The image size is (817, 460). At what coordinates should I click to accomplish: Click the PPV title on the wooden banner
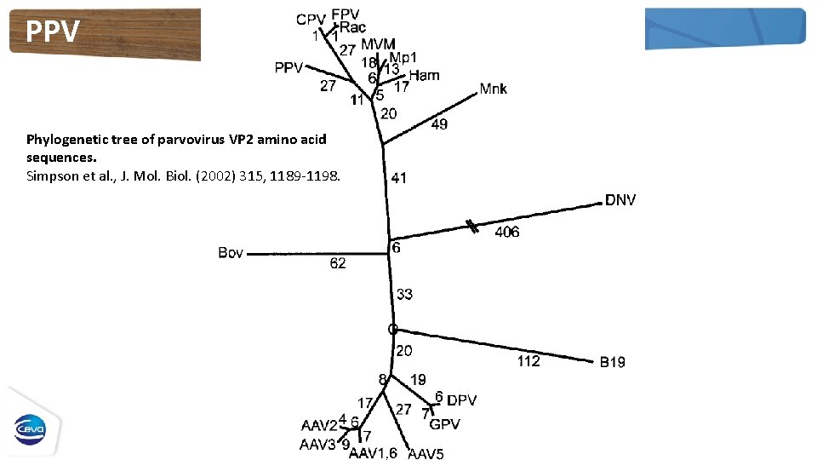point(53,32)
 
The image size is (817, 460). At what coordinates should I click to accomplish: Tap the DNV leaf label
point(620,200)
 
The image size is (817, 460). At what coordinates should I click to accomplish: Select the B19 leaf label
point(612,362)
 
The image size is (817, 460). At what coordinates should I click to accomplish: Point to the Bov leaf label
point(231,253)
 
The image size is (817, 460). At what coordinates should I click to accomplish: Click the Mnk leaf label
point(493,89)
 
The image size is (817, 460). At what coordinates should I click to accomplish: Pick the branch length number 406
point(507,232)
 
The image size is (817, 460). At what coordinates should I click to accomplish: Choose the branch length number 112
point(528,361)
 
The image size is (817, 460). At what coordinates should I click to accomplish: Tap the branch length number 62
point(338,264)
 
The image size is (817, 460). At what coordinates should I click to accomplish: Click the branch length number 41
point(398,178)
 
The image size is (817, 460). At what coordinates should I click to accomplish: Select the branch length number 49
point(440,124)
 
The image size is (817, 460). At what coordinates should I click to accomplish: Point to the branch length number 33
point(404,295)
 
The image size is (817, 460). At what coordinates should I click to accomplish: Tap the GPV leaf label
point(444,424)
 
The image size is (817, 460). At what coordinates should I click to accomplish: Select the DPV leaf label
point(462,400)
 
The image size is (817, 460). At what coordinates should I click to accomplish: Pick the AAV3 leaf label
point(317,444)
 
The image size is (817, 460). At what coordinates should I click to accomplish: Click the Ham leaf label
point(424,75)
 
